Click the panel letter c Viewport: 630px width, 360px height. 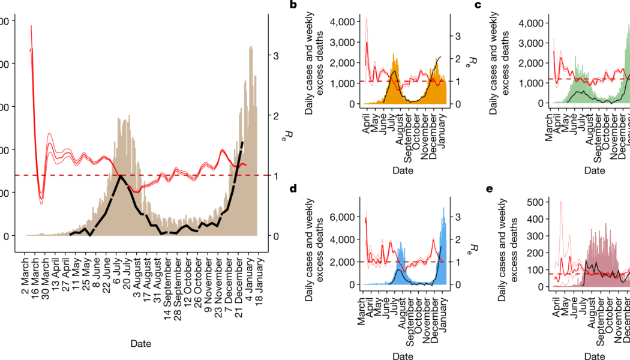click(x=495, y=5)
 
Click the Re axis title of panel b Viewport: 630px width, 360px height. click(x=473, y=62)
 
